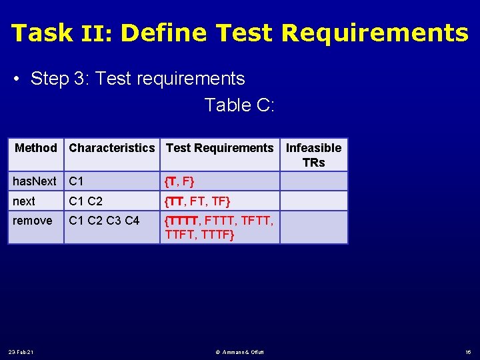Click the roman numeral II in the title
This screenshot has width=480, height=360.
(x=95, y=33)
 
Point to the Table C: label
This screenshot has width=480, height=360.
(x=239, y=105)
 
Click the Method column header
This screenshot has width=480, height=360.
(x=36, y=148)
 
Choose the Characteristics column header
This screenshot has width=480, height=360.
(x=111, y=148)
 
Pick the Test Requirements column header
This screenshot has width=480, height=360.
(x=219, y=148)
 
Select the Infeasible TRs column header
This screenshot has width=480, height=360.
(x=313, y=155)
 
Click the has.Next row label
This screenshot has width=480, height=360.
(x=35, y=181)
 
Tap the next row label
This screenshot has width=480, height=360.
(x=24, y=201)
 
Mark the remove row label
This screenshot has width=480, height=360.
(x=32, y=221)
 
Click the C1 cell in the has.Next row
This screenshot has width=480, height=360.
(x=77, y=181)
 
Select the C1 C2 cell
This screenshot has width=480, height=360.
(x=86, y=201)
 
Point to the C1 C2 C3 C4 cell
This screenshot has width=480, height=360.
(x=104, y=221)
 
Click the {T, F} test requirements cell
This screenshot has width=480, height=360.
(x=180, y=181)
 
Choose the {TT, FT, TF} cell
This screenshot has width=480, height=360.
(x=197, y=201)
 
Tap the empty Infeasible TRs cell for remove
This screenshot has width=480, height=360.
(x=313, y=227)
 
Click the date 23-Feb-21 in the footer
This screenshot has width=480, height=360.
(x=22, y=351)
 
